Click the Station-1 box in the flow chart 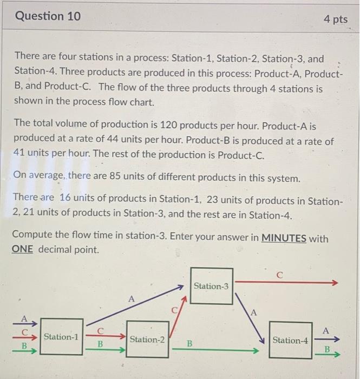[x=61, y=337]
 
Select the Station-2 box [x=147, y=339]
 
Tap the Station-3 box [x=211, y=286]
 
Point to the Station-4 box [x=290, y=340]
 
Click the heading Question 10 [x=48, y=16]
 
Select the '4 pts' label [x=336, y=19]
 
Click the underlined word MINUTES [x=284, y=238]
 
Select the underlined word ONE [x=23, y=250]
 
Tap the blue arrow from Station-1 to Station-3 [x=135, y=306]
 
